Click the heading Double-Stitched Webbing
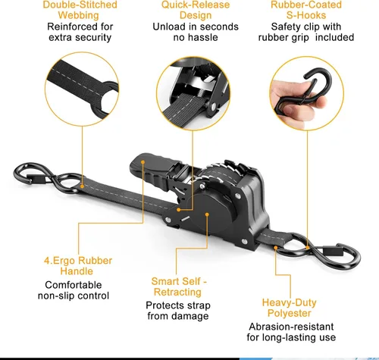click(x=80, y=10)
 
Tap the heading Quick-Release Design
click(x=196, y=10)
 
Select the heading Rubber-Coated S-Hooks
click(x=306, y=10)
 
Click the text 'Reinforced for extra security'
click(x=80, y=32)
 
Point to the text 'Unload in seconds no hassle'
click(x=196, y=32)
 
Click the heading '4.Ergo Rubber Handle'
click(x=78, y=266)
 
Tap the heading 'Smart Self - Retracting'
click(x=178, y=286)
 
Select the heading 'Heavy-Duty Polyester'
click(x=290, y=308)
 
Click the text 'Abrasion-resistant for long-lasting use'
click(x=291, y=332)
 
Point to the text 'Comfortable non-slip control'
click(x=74, y=290)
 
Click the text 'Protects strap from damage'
click(x=178, y=311)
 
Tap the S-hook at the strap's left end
click(x=48, y=178)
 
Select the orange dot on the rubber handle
click(x=143, y=162)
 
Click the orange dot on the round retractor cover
click(x=207, y=214)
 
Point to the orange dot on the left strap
click(x=82, y=186)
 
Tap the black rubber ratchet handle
click(x=152, y=172)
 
